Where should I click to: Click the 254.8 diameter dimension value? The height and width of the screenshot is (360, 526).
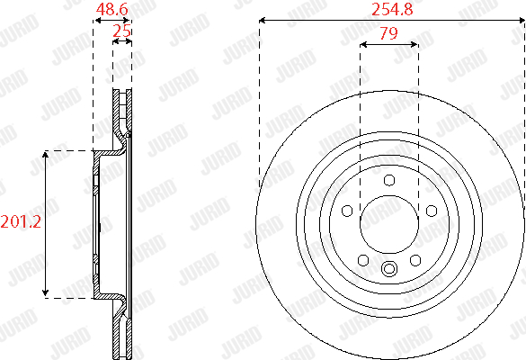pyautogui.click(x=392, y=9)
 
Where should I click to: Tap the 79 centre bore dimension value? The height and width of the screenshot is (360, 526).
pyautogui.click(x=388, y=33)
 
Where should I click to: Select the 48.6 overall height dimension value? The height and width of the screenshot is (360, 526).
pyautogui.click(x=112, y=9)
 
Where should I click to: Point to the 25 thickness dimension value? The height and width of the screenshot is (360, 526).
pyautogui.click(x=121, y=31)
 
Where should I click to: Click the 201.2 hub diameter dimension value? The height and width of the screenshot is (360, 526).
pyautogui.click(x=21, y=222)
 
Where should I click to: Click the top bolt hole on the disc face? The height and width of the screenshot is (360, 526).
pyautogui.click(x=389, y=180)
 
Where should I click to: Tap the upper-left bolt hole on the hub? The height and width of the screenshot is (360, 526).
pyautogui.click(x=347, y=211)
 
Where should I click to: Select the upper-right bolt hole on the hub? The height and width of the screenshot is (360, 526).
pyautogui.click(x=432, y=211)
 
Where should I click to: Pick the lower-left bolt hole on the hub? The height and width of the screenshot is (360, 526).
pyautogui.click(x=363, y=260)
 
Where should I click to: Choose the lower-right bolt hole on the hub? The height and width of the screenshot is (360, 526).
pyautogui.click(x=415, y=260)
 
